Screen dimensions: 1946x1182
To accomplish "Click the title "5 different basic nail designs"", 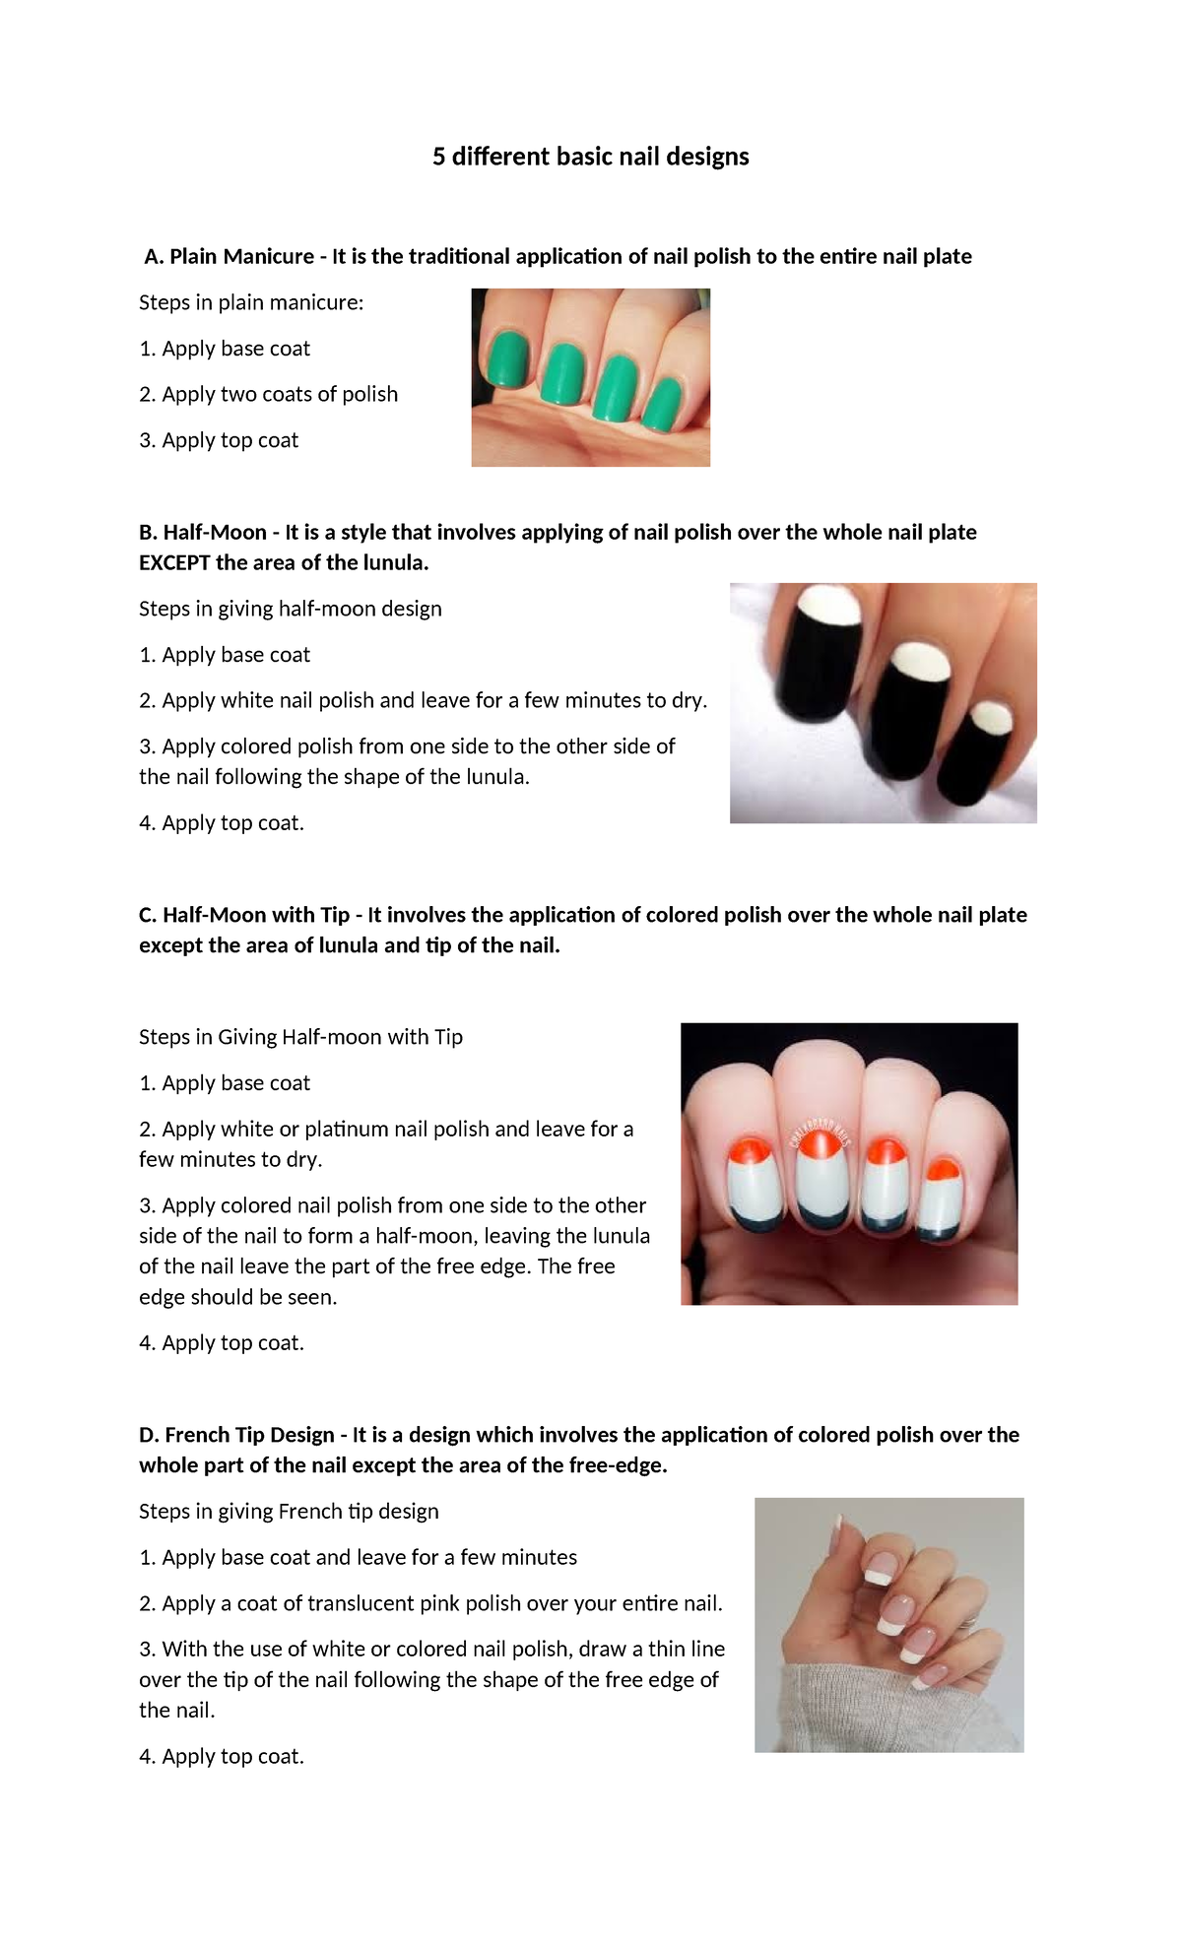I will click(590, 157).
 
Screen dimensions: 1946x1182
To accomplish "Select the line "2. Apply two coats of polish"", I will click(268, 394).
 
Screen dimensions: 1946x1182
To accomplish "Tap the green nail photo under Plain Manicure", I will click(590, 377).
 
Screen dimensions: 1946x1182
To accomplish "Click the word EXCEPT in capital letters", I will click(174, 563).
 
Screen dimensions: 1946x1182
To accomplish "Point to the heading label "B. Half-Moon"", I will click(203, 533).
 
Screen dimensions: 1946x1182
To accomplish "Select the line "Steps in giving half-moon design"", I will click(290, 609).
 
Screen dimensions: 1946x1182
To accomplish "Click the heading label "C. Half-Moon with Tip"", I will click(244, 915).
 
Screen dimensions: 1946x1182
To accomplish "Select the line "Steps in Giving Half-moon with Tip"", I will click(300, 1037).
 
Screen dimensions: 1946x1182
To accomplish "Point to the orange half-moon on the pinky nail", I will click(943, 1171).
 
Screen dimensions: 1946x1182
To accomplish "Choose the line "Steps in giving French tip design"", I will click(289, 1512).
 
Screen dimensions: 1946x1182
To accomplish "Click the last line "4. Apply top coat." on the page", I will click(222, 1757).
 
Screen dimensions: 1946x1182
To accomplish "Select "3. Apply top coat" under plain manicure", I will click(219, 440).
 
